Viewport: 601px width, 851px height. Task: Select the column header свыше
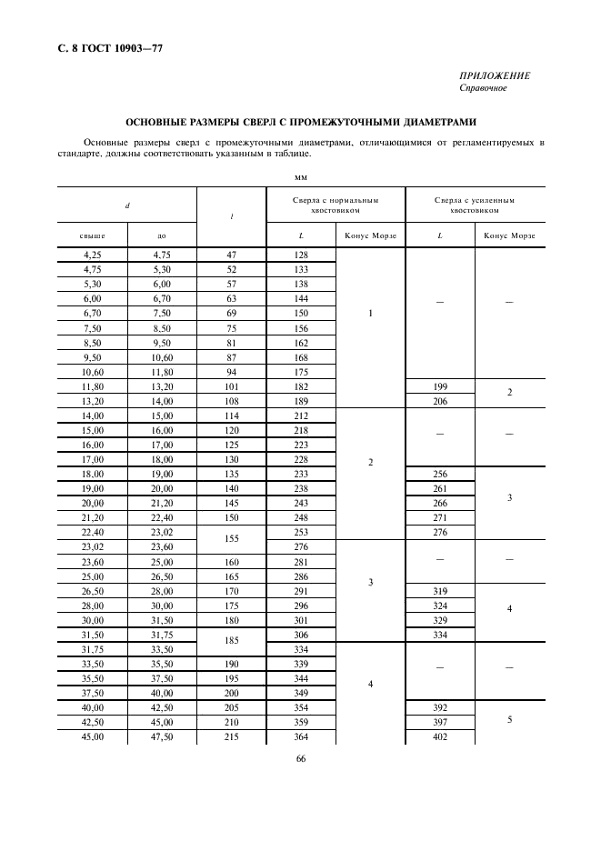tap(92, 235)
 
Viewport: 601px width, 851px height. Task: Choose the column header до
tap(161, 235)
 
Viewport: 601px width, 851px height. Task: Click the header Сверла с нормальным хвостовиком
tap(336, 205)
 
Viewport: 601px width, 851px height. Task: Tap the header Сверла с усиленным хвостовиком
tap(474, 205)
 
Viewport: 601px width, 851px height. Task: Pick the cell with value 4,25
tap(92, 255)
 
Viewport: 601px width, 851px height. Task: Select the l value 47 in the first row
tap(231, 255)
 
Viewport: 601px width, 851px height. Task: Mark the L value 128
tap(301, 255)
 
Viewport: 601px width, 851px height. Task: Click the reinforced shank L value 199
tap(440, 386)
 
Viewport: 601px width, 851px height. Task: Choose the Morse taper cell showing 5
tap(509, 719)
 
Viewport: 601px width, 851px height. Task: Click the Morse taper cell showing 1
tap(370, 314)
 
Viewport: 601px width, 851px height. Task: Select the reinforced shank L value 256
tap(440, 474)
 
